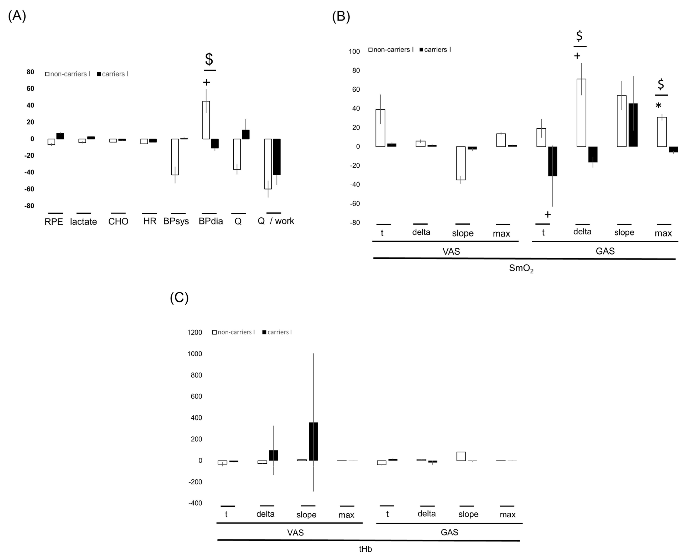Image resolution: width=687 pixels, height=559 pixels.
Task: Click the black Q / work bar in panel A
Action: [277, 157]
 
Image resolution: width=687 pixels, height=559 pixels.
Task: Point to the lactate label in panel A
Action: [83, 222]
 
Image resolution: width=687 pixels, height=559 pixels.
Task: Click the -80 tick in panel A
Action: [30, 206]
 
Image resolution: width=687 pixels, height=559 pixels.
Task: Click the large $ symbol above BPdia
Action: [209, 59]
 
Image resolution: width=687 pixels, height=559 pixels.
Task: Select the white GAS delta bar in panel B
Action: [581, 113]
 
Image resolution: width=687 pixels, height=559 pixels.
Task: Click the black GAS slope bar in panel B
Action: [633, 125]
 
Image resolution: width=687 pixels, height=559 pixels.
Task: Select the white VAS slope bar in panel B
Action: [461, 163]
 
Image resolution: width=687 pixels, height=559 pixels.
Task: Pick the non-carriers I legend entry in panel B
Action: [391, 50]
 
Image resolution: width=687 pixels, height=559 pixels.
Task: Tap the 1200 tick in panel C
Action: [195, 332]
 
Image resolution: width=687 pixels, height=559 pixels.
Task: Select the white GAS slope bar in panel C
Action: [461, 456]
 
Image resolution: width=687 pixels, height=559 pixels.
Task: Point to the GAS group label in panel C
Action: [449, 532]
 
